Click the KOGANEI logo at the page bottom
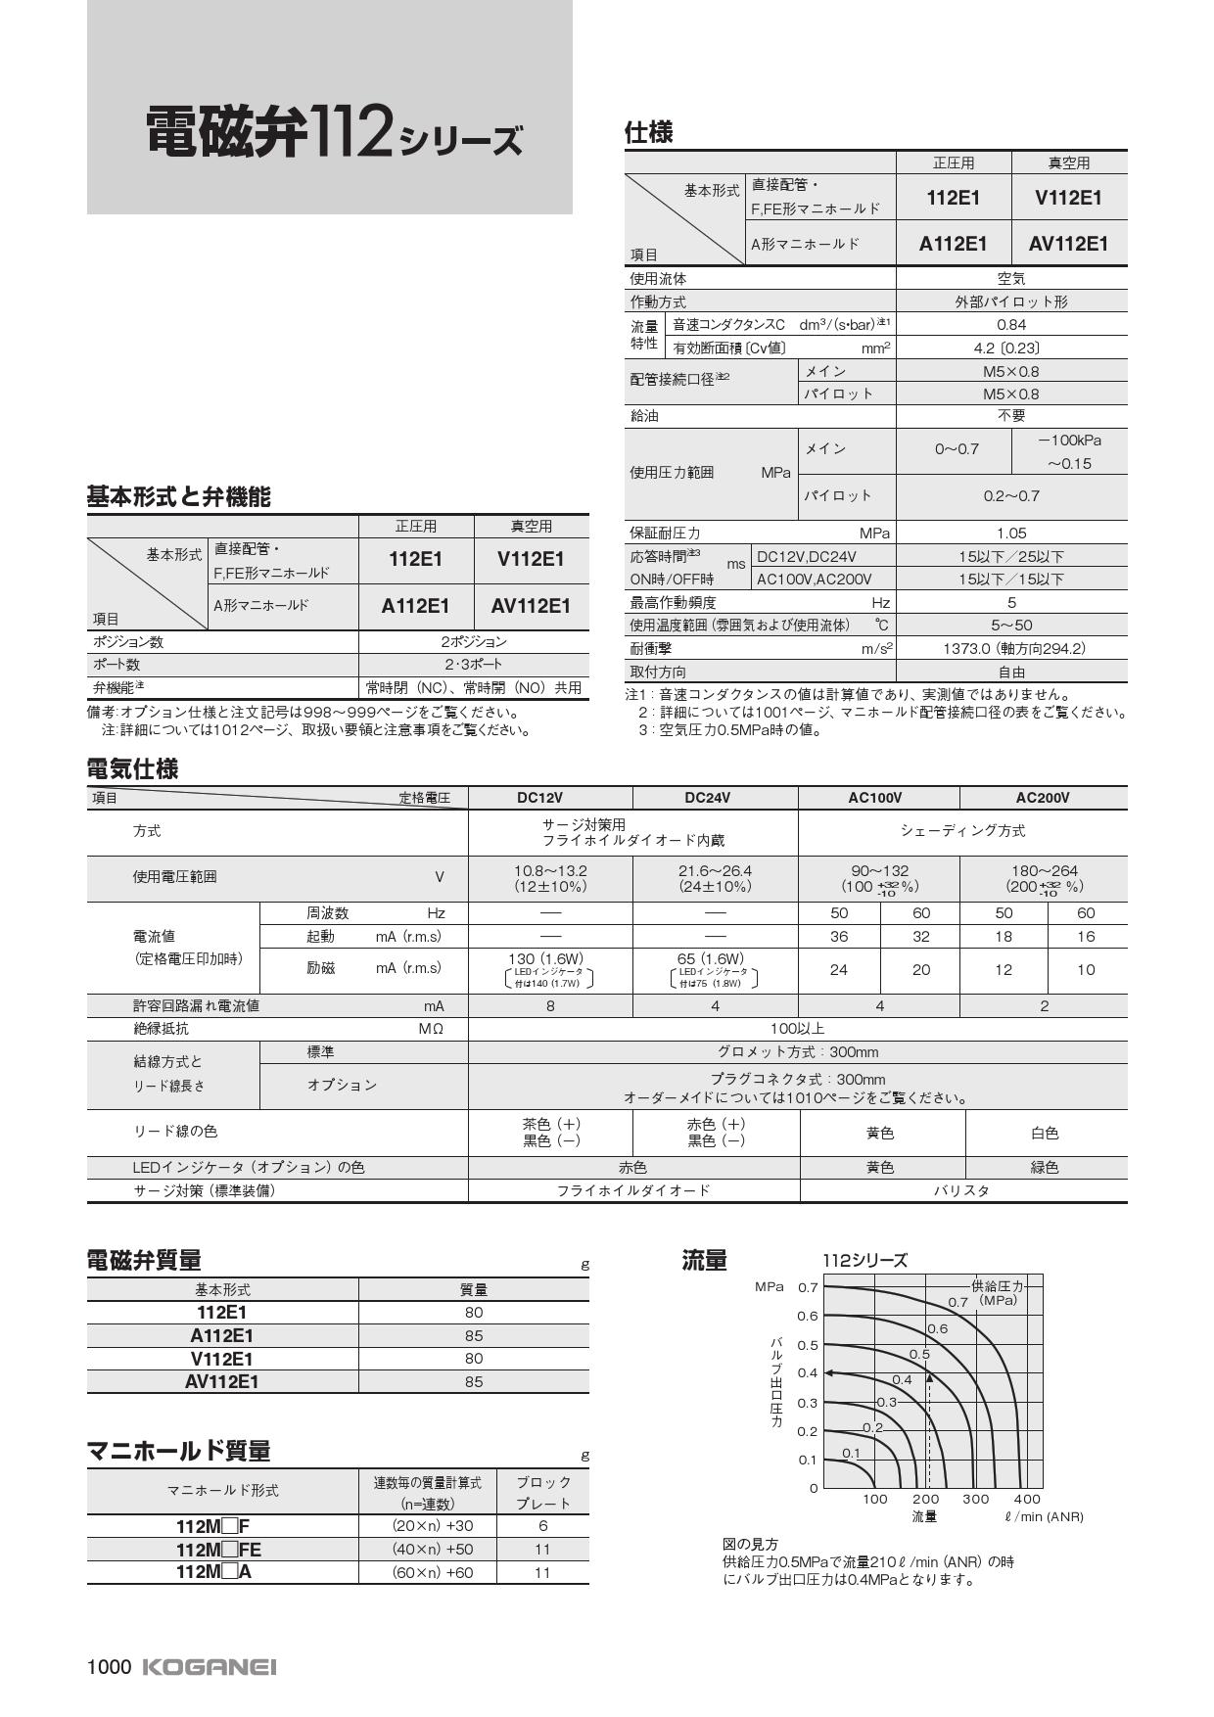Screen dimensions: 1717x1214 coord(210,1666)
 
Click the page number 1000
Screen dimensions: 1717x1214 coord(109,1666)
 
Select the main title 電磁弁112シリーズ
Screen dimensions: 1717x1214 coord(334,133)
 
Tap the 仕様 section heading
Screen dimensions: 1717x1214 coord(648,132)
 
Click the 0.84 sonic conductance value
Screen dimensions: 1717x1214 coord(1010,325)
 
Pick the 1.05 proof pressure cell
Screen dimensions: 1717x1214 coord(1010,534)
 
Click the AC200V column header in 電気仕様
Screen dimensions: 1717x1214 coord(1042,798)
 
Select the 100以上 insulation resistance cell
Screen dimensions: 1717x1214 coord(797,1029)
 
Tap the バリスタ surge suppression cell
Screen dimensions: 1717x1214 coord(961,1190)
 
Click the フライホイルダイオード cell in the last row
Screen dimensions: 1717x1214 coord(633,1190)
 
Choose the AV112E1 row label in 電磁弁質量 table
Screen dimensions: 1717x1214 coord(222,1381)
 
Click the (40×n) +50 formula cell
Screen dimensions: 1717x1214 coord(426,1549)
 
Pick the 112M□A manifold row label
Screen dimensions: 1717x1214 coord(213,1571)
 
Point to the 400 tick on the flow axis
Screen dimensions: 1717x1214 coord(1027,1499)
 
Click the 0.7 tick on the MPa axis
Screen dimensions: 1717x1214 coord(807,1287)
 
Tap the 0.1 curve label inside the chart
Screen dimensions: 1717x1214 coord(851,1453)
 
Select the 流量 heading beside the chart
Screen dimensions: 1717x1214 coord(704,1261)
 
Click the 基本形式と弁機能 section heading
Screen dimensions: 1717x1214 coord(178,497)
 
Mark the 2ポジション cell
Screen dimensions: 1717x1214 coord(473,642)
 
